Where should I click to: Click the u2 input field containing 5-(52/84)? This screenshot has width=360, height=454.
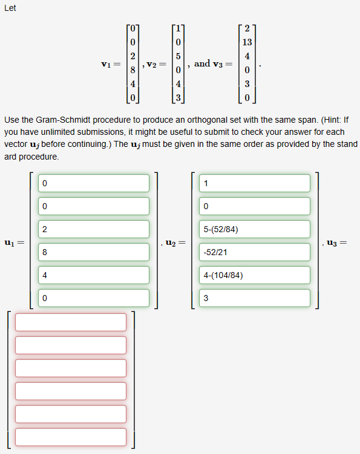pos(254,229)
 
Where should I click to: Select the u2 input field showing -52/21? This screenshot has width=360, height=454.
pos(254,252)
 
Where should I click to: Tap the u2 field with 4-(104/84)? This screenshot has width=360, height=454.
pos(254,275)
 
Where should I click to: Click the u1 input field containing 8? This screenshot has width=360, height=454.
pos(94,252)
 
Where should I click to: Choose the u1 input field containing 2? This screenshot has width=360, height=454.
pos(94,229)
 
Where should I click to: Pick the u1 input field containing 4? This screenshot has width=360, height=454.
pos(94,275)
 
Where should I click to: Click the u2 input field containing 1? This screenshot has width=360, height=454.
pos(254,183)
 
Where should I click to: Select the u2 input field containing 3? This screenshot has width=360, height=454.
pos(254,297)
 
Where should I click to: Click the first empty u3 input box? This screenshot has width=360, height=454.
pos(71,322)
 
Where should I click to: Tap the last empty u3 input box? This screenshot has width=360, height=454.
pos(71,436)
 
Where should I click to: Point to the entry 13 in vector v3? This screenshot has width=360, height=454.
pos(247,43)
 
